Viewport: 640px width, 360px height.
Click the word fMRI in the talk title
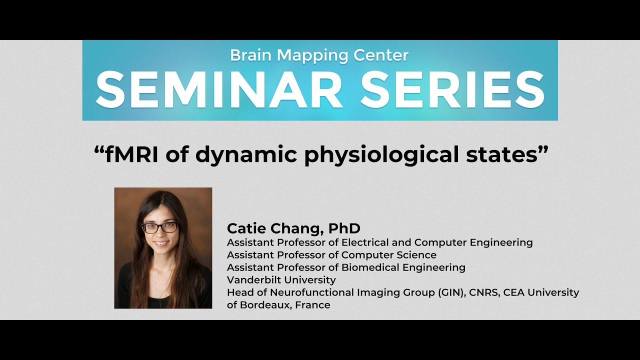click(x=128, y=155)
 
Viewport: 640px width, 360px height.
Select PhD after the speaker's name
click(x=344, y=228)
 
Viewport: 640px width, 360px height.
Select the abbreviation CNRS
click(x=484, y=292)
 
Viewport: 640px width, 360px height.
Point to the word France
click(x=313, y=305)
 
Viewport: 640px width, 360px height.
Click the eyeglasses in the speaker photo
click(x=160, y=227)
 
